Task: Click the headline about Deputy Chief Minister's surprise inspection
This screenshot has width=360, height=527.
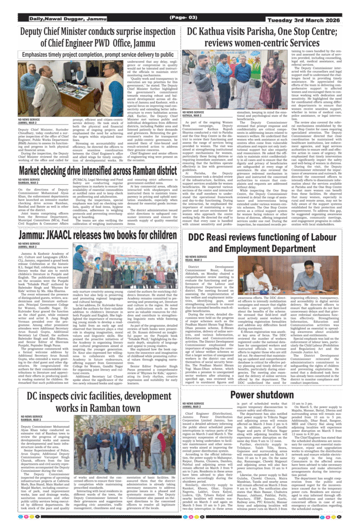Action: [98, 38]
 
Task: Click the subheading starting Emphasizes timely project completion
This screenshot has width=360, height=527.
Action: [98, 54]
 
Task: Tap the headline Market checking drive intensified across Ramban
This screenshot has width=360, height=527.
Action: [98, 171]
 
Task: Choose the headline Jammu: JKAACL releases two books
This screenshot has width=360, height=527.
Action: [98, 235]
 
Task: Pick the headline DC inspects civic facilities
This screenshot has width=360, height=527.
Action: [98, 401]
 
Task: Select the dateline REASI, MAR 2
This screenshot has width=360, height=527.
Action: [194, 260]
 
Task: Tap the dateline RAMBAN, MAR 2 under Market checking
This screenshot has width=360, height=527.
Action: [30, 183]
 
